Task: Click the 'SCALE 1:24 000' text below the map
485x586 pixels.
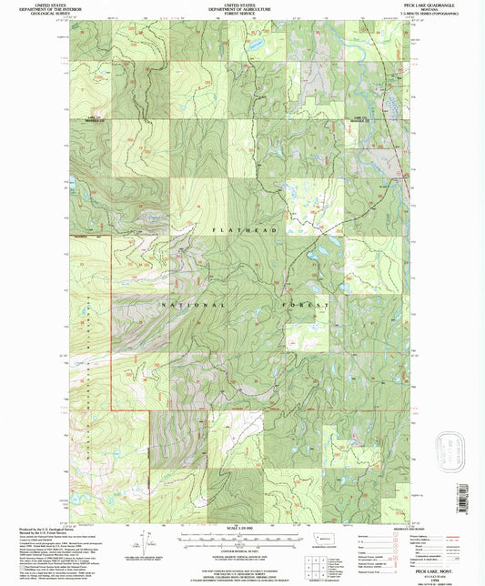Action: click(x=241, y=528)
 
